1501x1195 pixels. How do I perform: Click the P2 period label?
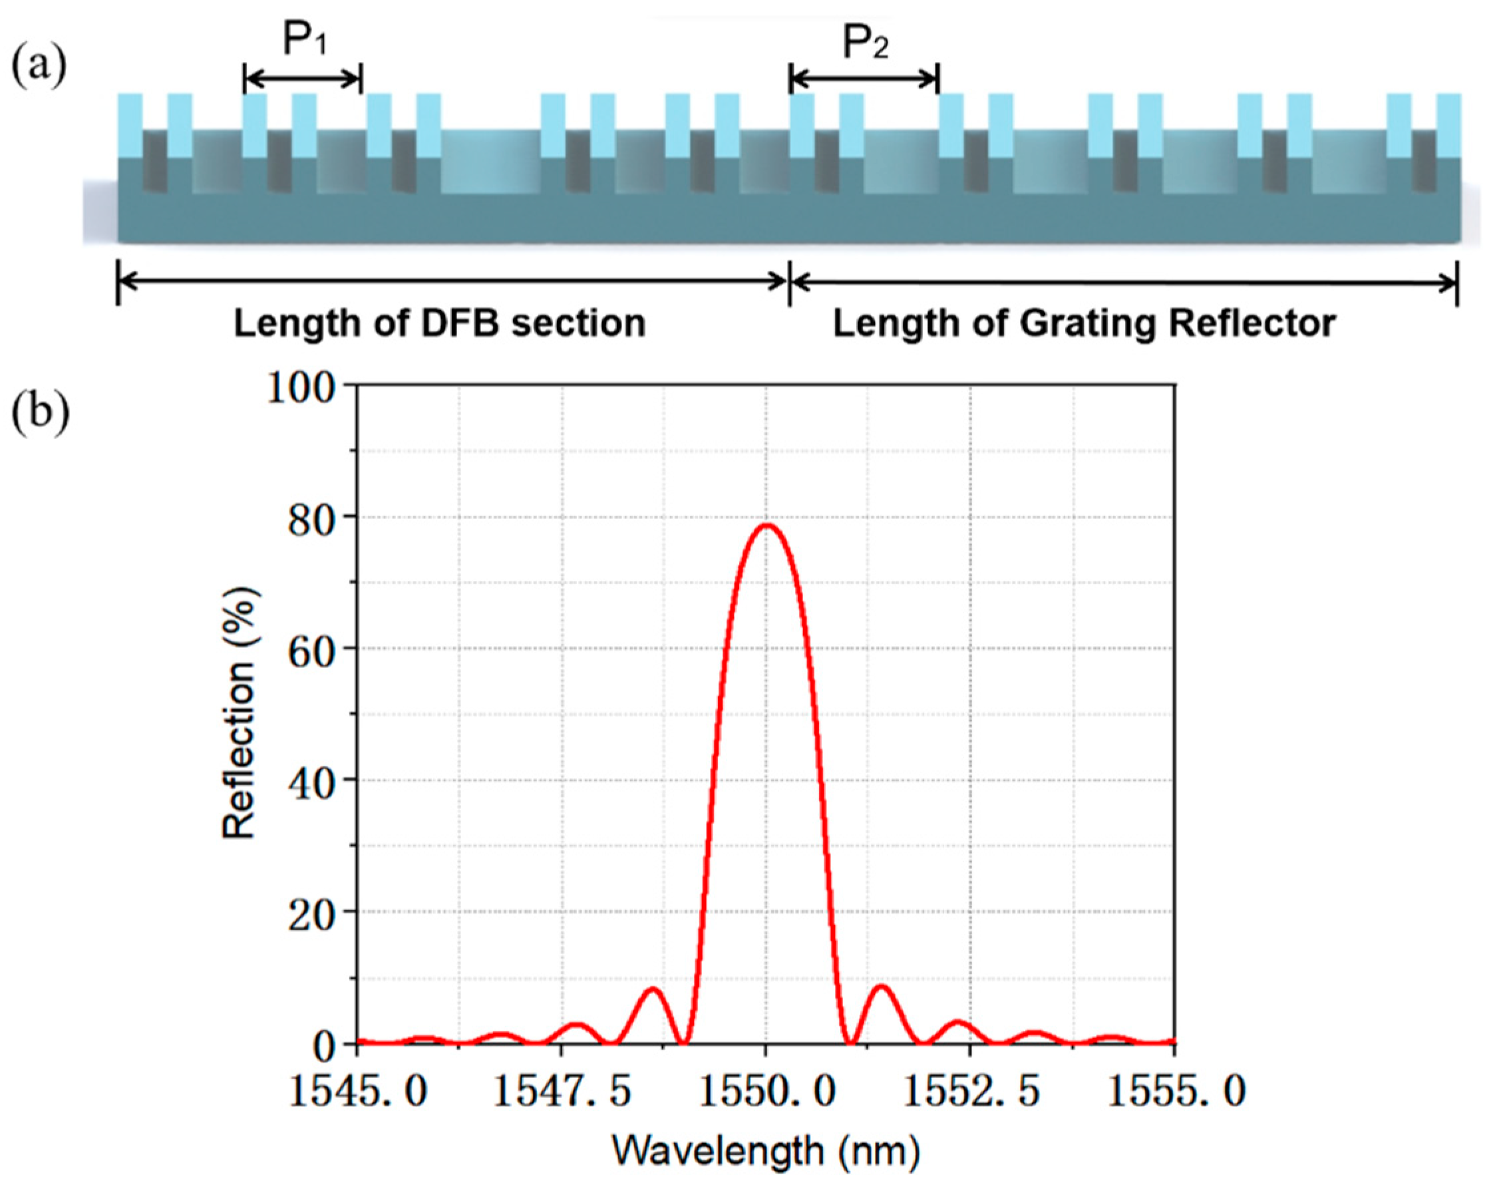tap(866, 43)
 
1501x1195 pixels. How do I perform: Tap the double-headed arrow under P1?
tap(303, 79)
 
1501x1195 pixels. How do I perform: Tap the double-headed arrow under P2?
tap(864, 79)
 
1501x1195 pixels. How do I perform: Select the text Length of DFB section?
tap(439, 324)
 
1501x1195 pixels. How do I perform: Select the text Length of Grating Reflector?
tap(1084, 324)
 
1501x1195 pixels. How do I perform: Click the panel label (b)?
tap(41, 413)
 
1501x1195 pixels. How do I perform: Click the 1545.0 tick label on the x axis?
tap(357, 1091)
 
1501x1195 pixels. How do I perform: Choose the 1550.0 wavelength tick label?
tap(766, 1091)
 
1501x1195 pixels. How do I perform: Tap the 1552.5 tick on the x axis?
tap(970, 1091)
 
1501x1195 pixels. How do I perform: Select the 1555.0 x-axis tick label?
tap(1175, 1091)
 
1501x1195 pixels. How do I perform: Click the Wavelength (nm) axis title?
tap(766, 1150)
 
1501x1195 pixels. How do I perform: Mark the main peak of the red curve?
tap(766, 525)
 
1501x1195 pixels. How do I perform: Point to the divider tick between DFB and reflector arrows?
tap(789, 283)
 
